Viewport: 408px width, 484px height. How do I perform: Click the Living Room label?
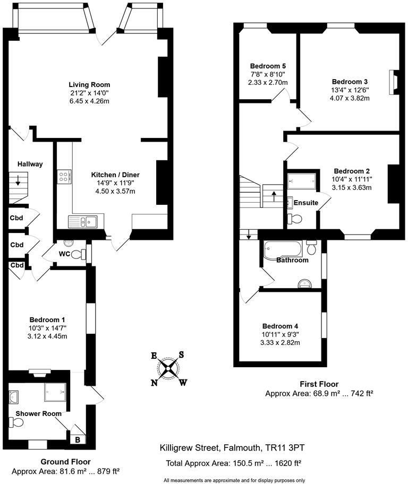pyautogui.click(x=89, y=84)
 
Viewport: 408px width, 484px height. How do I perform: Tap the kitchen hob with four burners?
pyautogui.click(x=65, y=176)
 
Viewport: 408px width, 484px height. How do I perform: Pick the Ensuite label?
pyautogui.click(x=306, y=203)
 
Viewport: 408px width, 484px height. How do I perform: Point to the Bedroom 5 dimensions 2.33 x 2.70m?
pyautogui.click(x=267, y=82)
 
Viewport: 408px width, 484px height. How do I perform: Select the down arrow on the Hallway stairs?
pyautogui.click(x=19, y=181)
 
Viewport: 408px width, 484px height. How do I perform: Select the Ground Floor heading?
pyautogui.click(x=66, y=462)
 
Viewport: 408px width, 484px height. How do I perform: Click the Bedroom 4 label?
pyautogui.click(x=280, y=326)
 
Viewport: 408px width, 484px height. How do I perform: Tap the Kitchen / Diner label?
pyautogui.click(x=115, y=175)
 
